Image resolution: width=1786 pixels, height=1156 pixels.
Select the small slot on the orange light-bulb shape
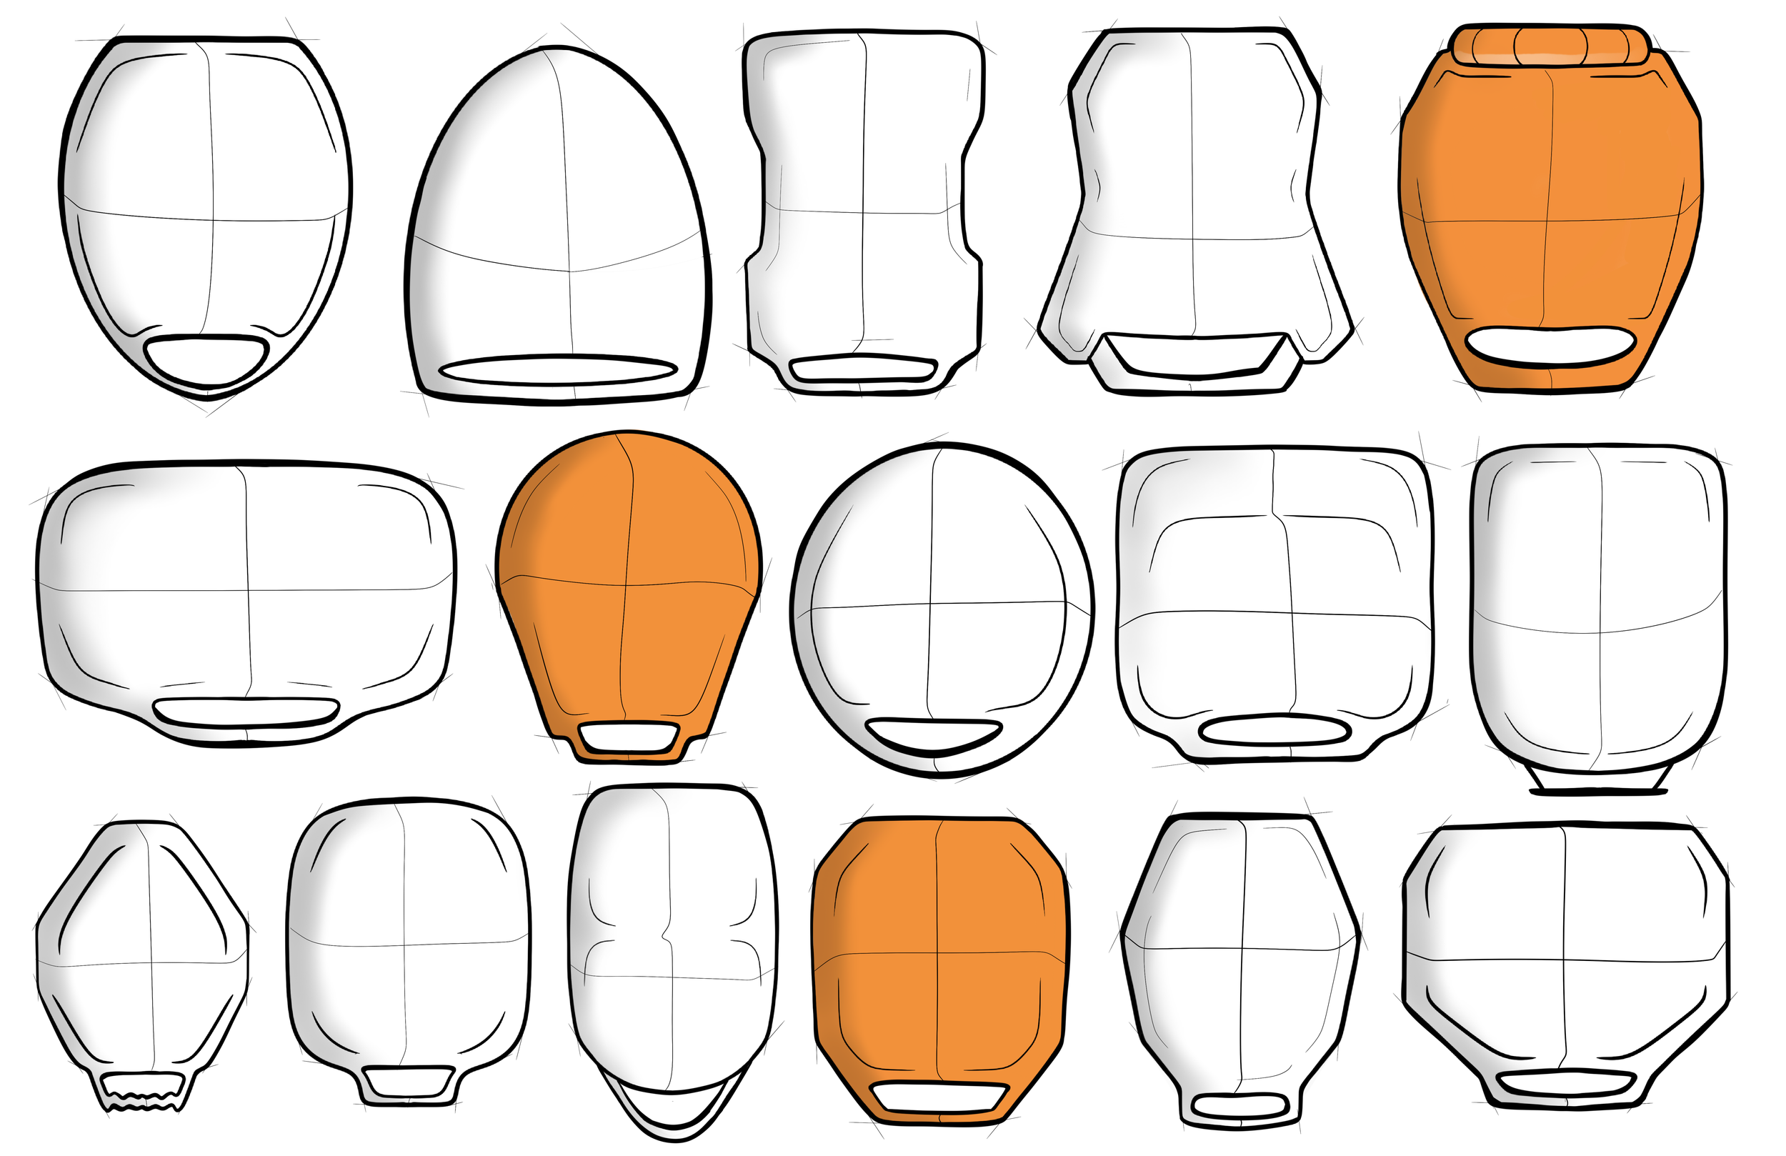(629, 736)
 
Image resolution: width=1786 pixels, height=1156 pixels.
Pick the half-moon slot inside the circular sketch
(933, 734)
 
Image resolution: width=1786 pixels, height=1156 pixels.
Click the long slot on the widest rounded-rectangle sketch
(246, 711)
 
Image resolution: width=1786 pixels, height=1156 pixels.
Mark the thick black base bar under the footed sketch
(1598, 791)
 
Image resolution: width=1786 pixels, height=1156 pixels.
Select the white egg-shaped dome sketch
(559, 218)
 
